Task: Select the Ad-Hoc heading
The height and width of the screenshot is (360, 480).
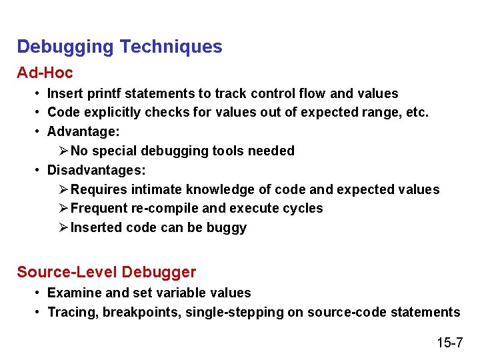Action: coord(45,72)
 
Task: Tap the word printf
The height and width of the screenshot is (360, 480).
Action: coord(104,93)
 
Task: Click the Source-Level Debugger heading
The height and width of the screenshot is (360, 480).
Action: coord(107,272)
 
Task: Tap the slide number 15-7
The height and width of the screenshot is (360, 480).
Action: coord(450,343)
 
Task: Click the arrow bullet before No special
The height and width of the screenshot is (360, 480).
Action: coord(63,151)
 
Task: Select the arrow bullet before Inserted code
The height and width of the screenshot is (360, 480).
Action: coord(63,228)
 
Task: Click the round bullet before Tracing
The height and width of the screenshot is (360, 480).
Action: coord(39,312)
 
